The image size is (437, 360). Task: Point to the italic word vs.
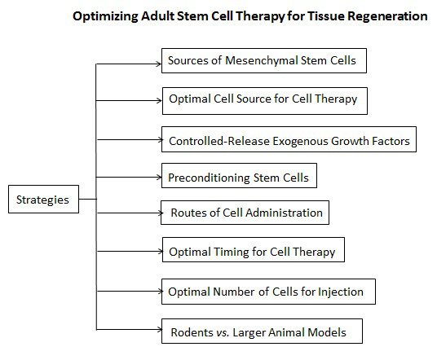pos(223,332)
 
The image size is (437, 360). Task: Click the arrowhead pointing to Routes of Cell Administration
pos(161,213)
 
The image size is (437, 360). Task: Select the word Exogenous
pos(300,141)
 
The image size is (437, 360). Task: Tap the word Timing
pos(231,252)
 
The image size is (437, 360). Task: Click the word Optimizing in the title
pos(105,17)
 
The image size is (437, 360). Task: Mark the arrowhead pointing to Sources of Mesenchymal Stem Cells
pos(159,64)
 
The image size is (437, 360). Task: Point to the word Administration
pos(285,213)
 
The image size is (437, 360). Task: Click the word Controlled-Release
pos(219,141)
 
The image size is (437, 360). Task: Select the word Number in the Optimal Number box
pos(233,292)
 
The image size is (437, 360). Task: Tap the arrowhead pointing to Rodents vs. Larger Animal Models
pos(159,330)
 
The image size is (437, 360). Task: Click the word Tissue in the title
pos(326,16)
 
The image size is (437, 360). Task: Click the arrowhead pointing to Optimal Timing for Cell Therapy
pos(161,252)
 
